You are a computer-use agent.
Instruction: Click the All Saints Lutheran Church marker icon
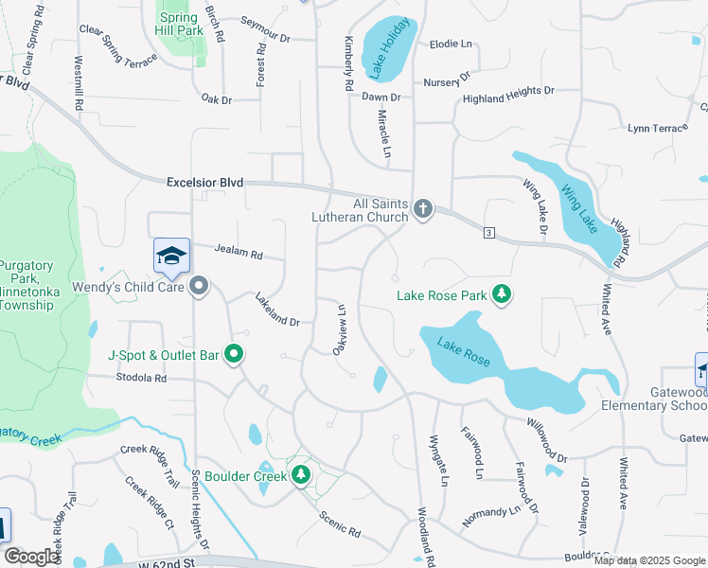[x=422, y=209]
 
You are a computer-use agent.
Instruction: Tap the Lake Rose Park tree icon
[x=502, y=295]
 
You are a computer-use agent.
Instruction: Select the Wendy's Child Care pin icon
[x=199, y=286]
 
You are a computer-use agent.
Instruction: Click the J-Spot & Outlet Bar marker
[x=235, y=356]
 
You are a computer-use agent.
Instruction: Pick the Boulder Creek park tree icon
[x=302, y=474]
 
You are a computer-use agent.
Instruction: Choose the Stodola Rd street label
[x=141, y=378]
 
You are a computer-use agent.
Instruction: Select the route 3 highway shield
[x=488, y=232]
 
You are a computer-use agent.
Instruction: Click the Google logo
[x=31, y=557]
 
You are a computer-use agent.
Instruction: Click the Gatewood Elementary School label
[x=664, y=399]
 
